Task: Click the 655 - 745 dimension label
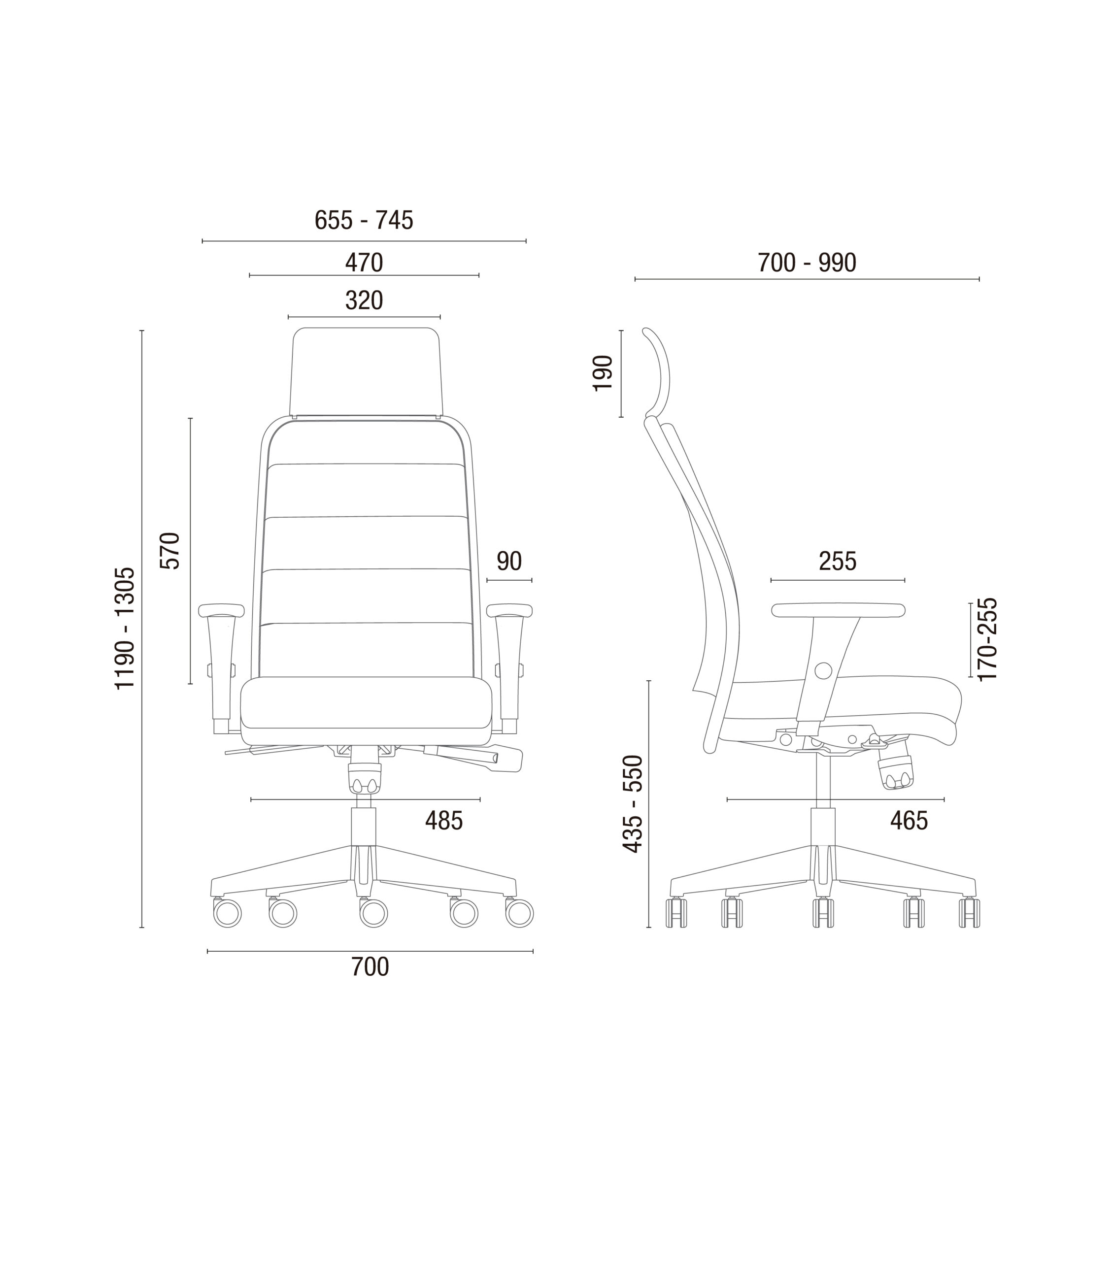[x=364, y=220]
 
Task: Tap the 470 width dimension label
[x=364, y=263]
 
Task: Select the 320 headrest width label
[x=364, y=300]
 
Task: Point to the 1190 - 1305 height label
[x=125, y=628]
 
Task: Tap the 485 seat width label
[x=443, y=821]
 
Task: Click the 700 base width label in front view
[x=370, y=967]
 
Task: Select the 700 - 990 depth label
[x=807, y=263]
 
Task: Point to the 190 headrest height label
[x=603, y=373]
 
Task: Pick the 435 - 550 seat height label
[x=633, y=804]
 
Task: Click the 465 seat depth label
[x=909, y=821]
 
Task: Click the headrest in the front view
[x=366, y=371]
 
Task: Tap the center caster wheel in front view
[x=374, y=913]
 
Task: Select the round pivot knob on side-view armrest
[x=823, y=670]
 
